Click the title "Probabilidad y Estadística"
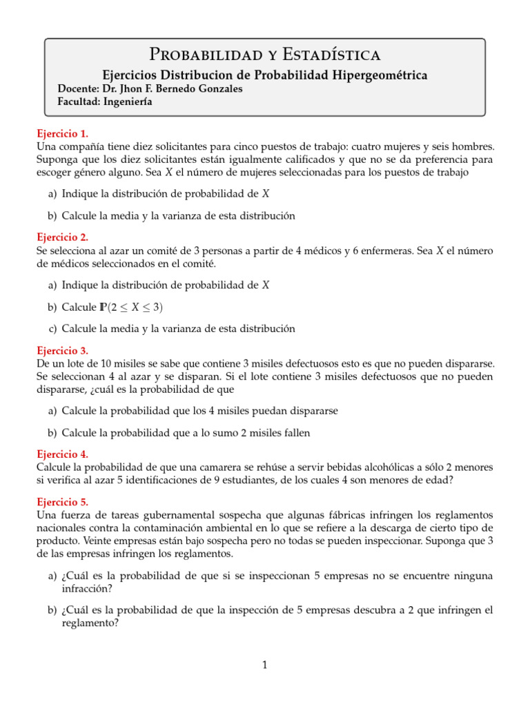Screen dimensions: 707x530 click(265, 54)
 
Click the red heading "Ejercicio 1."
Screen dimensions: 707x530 click(62, 134)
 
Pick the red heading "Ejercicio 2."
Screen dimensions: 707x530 click(62, 237)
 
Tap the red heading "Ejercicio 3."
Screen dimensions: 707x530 click(62, 350)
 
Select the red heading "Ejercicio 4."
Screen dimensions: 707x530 click(62, 454)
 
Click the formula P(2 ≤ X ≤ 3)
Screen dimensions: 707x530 click(132, 307)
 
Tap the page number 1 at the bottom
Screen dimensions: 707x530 click(264, 665)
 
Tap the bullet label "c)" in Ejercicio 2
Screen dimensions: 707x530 click(53, 329)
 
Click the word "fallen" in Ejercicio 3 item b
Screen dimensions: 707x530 click(295, 433)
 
